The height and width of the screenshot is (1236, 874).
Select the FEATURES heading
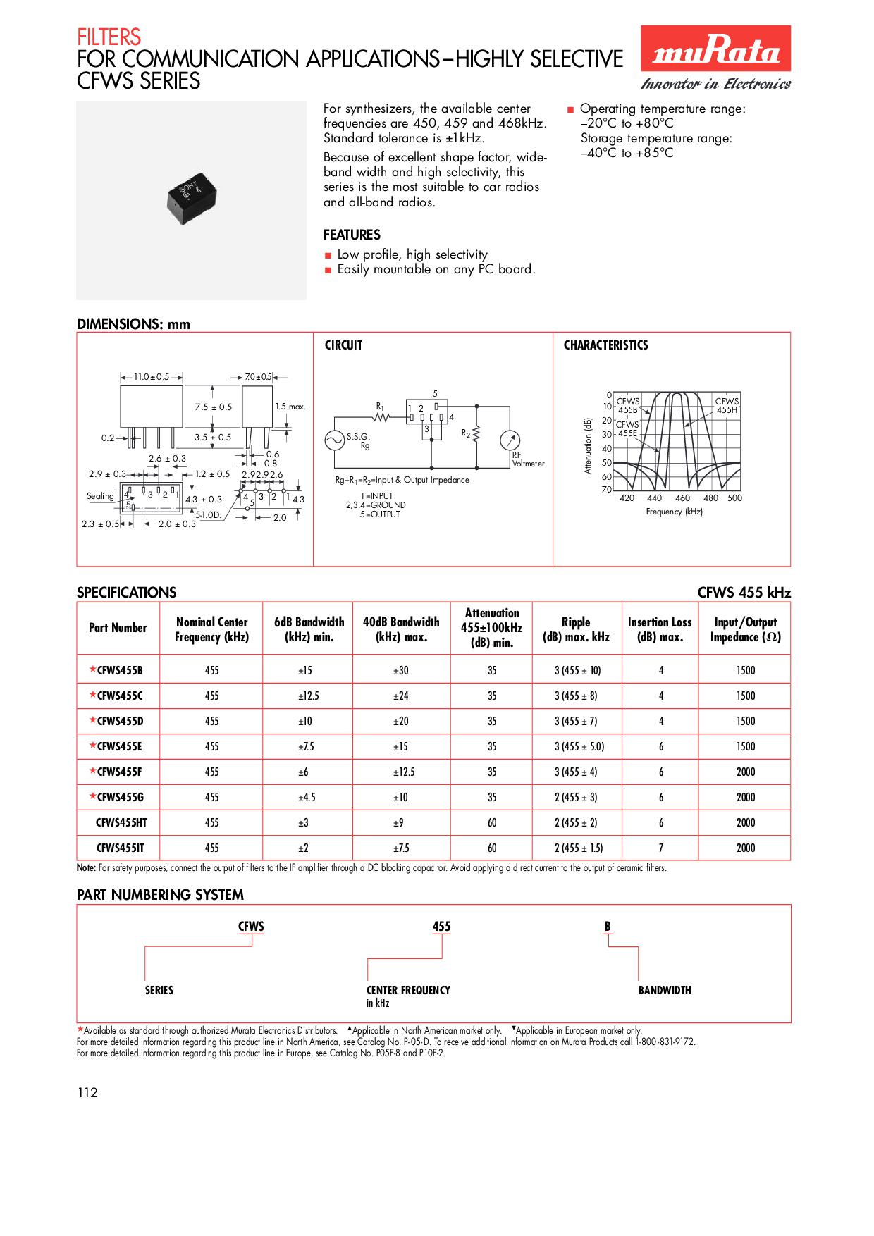click(352, 235)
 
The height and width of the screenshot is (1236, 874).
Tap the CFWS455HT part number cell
click(121, 822)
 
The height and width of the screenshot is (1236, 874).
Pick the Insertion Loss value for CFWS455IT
click(660, 848)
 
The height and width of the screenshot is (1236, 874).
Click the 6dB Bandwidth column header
click(309, 629)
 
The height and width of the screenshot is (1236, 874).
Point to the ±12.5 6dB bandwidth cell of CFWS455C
click(309, 696)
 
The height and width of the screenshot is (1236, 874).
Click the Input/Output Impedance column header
click(745, 629)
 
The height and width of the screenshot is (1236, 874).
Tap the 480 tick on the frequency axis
click(710, 498)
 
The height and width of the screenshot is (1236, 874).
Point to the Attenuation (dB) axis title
click(588, 445)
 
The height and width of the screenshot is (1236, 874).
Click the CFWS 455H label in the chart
click(727, 405)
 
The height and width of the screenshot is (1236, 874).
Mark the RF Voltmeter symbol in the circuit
click(510, 440)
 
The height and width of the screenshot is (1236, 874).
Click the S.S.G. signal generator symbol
click(334, 440)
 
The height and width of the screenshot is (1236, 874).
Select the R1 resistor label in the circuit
click(380, 407)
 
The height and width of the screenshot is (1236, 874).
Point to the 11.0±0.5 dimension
click(152, 377)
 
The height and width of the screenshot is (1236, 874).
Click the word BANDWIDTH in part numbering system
click(664, 990)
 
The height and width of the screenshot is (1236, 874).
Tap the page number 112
click(87, 1093)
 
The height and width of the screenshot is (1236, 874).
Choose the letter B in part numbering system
click(608, 927)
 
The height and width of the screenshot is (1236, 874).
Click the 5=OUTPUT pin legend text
click(379, 514)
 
